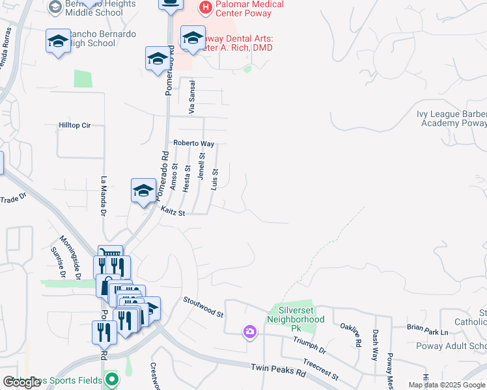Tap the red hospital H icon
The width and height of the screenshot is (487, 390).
[x=205, y=8]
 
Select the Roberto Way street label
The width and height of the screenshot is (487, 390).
[x=193, y=143]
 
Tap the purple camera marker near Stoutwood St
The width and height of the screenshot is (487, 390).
[x=250, y=333]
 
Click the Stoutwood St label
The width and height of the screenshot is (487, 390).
[x=203, y=307]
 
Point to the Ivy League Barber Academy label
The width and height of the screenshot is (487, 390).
[x=452, y=118]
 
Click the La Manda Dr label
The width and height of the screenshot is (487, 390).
[x=104, y=195]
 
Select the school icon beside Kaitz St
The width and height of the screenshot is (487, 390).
[x=144, y=190]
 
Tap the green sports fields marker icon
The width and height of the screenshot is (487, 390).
[x=112, y=378]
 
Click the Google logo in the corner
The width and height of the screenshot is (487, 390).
[x=22, y=382]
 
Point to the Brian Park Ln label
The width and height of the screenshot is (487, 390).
[x=427, y=332]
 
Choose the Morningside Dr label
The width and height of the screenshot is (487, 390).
[x=70, y=257]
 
